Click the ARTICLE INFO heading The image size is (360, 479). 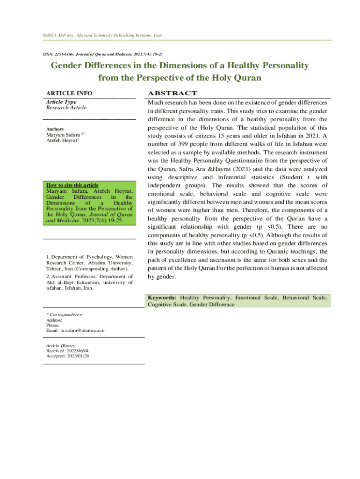pyautogui.click(x=69, y=93)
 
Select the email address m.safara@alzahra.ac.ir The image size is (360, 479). pyautogui.click(x=82, y=330)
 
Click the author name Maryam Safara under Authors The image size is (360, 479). pyautogui.click(x=62, y=135)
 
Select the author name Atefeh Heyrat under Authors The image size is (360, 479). pyautogui.click(x=61, y=140)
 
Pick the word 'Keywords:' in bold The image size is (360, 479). pyautogui.click(x=162, y=298)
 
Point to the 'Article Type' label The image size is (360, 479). pyautogui.click(x=61, y=102)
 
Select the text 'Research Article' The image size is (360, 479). pyautogui.click(x=66, y=108)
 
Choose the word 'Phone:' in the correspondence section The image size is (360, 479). pyautogui.click(x=53, y=325)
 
